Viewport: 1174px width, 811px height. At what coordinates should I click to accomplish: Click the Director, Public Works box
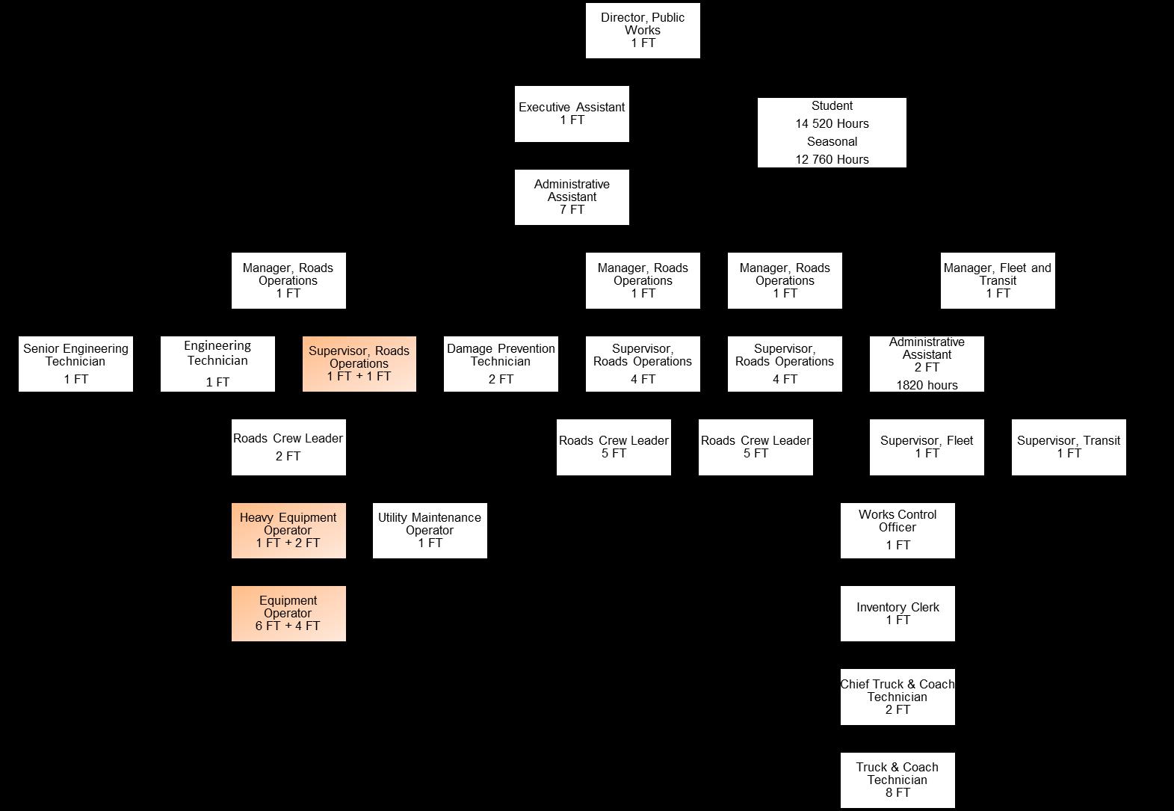click(x=643, y=31)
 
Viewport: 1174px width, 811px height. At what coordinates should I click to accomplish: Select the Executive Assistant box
click(x=572, y=114)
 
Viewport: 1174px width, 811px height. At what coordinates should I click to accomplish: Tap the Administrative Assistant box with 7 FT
click(x=572, y=197)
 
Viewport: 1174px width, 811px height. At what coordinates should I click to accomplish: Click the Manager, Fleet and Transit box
click(x=998, y=280)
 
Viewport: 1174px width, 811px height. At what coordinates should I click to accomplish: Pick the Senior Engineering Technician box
click(x=75, y=363)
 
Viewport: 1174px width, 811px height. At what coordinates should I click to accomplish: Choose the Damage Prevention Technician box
click(x=501, y=363)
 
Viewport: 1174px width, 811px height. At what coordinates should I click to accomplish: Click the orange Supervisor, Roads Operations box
click(x=359, y=363)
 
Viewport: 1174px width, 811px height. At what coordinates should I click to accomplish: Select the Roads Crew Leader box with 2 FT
click(x=288, y=447)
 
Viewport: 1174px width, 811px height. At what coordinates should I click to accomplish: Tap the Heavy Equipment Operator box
click(x=288, y=530)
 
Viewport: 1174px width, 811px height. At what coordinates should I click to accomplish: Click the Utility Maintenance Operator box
click(x=430, y=530)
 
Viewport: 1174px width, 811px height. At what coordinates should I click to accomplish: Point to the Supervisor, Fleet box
click(x=927, y=447)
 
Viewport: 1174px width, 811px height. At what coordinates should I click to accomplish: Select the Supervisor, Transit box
click(x=1069, y=447)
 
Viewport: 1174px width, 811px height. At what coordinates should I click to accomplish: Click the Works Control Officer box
click(x=898, y=530)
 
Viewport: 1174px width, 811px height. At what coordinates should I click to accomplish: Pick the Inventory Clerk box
click(x=898, y=614)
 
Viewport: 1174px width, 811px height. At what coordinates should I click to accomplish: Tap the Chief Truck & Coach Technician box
click(x=898, y=697)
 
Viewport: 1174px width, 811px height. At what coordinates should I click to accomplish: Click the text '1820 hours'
click(x=927, y=386)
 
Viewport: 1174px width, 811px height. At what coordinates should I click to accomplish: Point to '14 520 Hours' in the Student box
click(x=832, y=124)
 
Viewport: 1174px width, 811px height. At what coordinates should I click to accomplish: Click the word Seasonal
click(x=832, y=142)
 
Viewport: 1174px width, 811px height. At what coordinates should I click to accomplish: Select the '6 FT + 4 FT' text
click(x=288, y=626)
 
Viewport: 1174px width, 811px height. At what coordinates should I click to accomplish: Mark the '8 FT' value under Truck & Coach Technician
click(x=898, y=793)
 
